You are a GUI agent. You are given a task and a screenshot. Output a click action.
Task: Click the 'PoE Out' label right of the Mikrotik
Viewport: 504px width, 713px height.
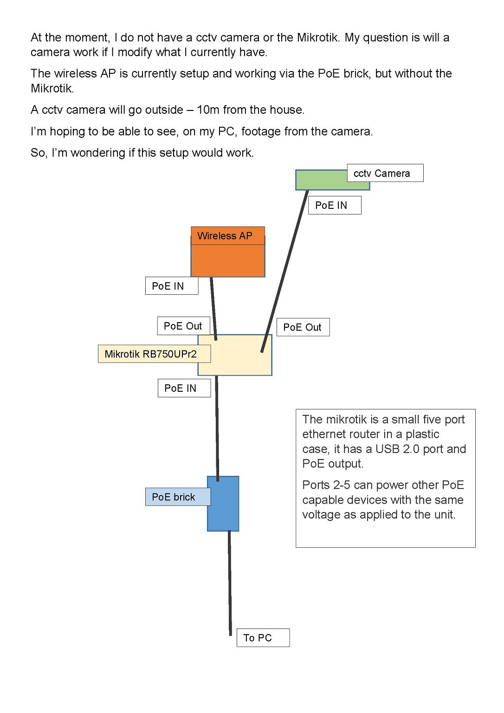pyautogui.click(x=303, y=327)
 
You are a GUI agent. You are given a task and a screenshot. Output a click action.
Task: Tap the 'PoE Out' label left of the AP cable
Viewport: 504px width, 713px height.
pyautogui.click(x=183, y=326)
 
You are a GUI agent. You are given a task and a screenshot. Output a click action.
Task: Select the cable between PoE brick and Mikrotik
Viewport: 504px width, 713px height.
pyautogui.click(x=217, y=427)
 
